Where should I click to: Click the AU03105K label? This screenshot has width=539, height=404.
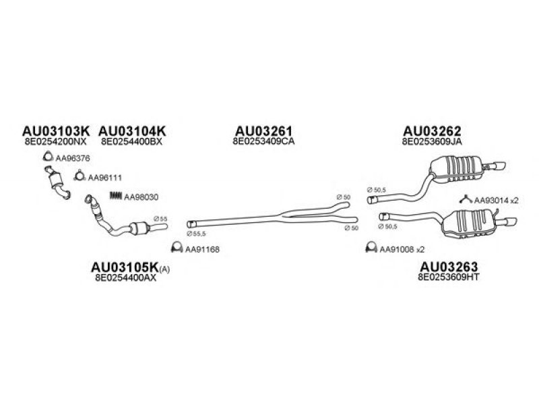(124, 268)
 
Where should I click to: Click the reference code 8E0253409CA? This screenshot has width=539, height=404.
(263, 142)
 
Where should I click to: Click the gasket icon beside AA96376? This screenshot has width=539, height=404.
(48, 158)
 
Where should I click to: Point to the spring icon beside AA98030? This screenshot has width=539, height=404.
(115, 197)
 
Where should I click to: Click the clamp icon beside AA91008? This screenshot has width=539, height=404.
(369, 248)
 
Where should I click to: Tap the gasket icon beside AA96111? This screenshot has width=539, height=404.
(78, 178)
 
